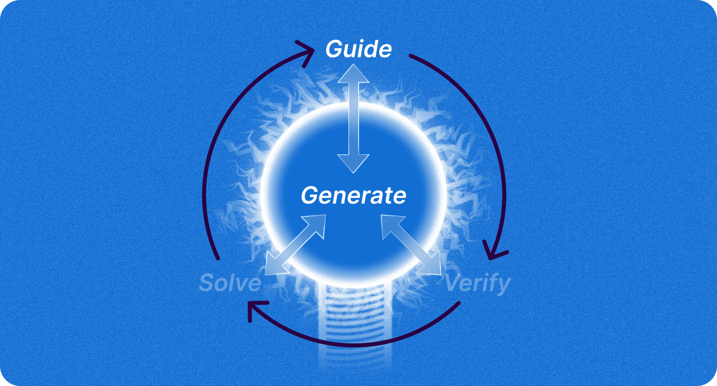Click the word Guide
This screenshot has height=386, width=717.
358,49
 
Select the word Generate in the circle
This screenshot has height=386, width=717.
353,196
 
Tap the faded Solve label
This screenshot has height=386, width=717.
230,283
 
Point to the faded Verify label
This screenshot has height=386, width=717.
478,284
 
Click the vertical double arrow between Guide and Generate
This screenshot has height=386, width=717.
353,118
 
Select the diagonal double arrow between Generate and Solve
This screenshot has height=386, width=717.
295,244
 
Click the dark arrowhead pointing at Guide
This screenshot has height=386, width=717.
305,49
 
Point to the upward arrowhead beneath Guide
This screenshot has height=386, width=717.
353,73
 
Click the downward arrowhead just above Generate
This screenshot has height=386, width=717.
353,163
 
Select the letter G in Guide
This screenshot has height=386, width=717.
334,49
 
